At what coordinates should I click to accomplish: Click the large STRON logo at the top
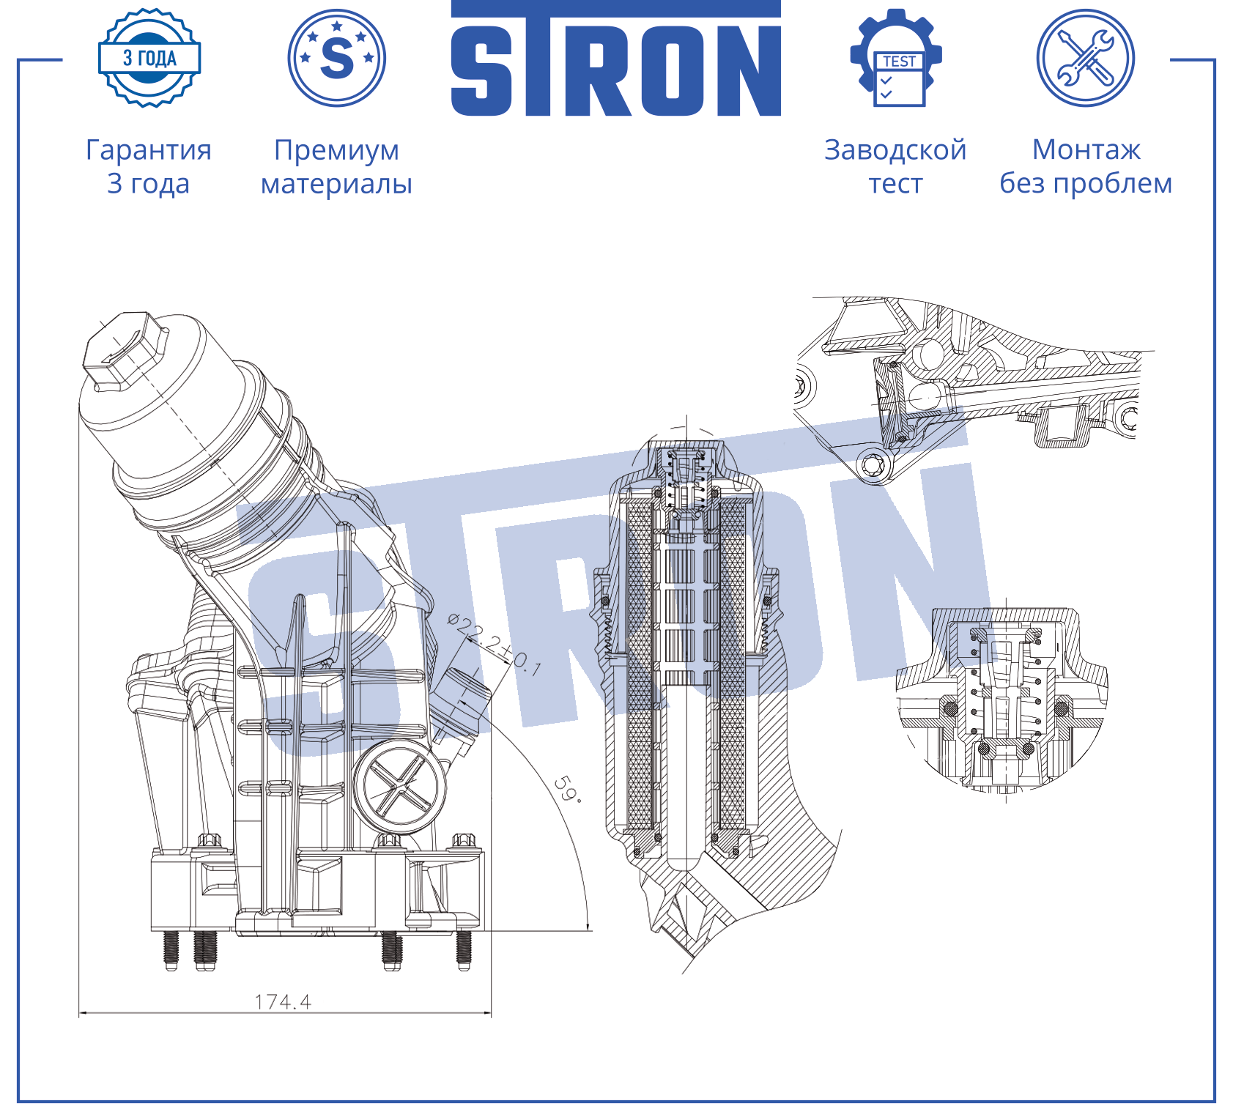pyautogui.click(x=615, y=59)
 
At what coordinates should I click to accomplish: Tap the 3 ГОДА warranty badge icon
pyautogui.click(x=149, y=58)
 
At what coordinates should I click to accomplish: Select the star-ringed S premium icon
pyautogui.click(x=337, y=58)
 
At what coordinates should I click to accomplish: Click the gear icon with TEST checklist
pyautogui.click(x=896, y=58)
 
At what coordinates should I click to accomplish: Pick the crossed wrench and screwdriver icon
pyautogui.click(x=1086, y=58)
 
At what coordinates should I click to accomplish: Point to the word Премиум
pyautogui.click(x=337, y=150)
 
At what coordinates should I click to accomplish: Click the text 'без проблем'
pyautogui.click(x=1086, y=183)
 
